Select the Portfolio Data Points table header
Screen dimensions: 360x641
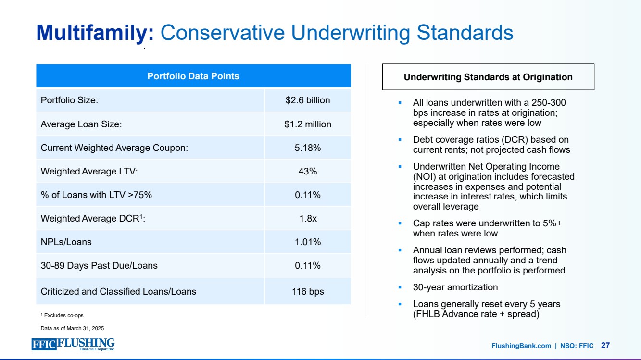click(x=193, y=76)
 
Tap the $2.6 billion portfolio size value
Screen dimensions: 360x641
click(x=308, y=100)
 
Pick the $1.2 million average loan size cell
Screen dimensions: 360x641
click(x=308, y=124)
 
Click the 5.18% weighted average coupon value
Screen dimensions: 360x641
click(x=308, y=148)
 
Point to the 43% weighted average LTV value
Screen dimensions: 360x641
click(x=308, y=171)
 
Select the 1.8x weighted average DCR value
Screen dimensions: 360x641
click(x=308, y=218)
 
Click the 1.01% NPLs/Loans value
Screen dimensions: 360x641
click(x=308, y=242)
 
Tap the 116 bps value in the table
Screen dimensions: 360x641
click(x=308, y=291)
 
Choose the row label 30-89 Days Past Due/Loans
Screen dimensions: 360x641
click(x=99, y=265)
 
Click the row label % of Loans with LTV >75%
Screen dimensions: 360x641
click(x=97, y=195)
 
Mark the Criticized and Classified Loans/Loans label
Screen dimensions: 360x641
click(x=118, y=291)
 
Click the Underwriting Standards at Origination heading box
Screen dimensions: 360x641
click(x=488, y=77)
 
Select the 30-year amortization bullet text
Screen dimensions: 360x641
click(x=455, y=287)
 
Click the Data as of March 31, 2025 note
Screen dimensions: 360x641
click(x=72, y=328)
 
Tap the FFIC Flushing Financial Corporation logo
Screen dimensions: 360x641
click(x=73, y=345)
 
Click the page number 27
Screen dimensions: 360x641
click(x=605, y=345)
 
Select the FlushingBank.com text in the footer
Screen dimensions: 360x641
click(x=521, y=346)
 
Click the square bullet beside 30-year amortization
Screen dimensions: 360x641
click(x=400, y=287)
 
